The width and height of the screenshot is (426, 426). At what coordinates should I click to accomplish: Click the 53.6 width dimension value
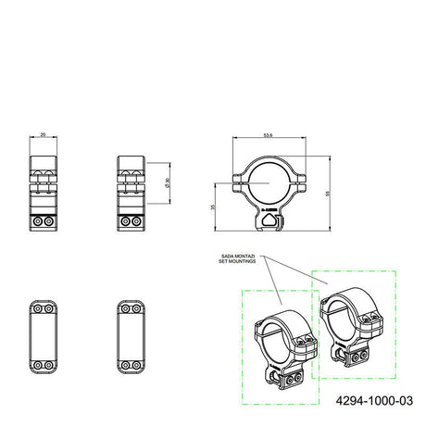tap(268, 135)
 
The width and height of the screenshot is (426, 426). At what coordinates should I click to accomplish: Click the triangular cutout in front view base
tap(269, 214)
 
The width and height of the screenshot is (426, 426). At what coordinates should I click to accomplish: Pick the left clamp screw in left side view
tap(38, 222)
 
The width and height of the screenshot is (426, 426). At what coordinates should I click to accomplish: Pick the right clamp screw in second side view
tap(137, 222)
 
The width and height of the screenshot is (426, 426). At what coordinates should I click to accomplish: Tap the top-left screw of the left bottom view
tap(38, 306)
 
